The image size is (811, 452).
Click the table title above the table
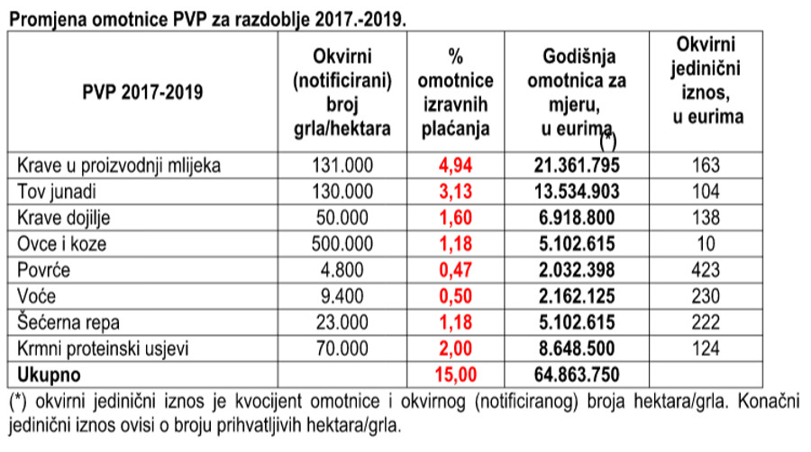[x=208, y=19]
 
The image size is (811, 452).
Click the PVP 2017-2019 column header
[x=142, y=93]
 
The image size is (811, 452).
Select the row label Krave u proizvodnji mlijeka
[x=119, y=166]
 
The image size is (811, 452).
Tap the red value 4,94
[x=456, y=166]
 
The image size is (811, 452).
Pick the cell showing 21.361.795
[x=577, y=166]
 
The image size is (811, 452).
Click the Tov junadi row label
[x=57, y=192]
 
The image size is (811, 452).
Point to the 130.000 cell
[x=342, y=192]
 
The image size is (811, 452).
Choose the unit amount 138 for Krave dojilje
[x=706, y=218]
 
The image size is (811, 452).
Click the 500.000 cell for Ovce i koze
[x=342, y=244]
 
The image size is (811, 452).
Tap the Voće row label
[x=36, y=296]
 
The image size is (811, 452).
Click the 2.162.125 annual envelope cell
[x=577, y=296]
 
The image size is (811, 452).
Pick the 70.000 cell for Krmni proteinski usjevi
[x=342, y=349]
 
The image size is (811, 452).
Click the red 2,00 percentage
[x=456, y=349]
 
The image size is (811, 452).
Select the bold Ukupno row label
[x=50, y=375]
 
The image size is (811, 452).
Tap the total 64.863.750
[x=577, y=375]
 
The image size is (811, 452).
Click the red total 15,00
[x=456, y=375]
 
